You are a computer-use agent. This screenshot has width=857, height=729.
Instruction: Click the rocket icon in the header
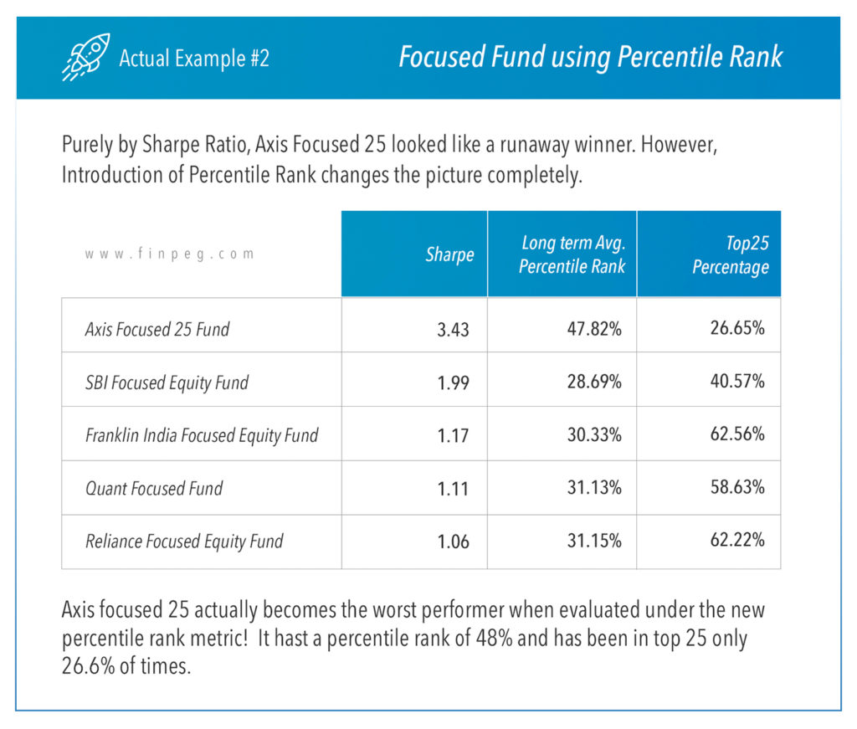[x=86, y=57]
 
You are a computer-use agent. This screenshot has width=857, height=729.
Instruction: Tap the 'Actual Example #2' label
[x=194, y=58]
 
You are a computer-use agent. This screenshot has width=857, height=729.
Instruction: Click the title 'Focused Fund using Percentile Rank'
[x=590, y=57]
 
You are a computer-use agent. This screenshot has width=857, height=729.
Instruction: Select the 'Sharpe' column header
[x=449, y=254]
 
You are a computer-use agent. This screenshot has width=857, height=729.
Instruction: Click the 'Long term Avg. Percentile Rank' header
[x=572, y=254]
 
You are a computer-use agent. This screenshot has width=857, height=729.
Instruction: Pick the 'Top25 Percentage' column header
[x=731, y=254]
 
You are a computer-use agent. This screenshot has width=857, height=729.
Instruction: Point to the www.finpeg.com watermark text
[x=169, y=254]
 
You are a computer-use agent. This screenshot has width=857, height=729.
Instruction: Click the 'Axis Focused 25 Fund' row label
[x=157, y=329]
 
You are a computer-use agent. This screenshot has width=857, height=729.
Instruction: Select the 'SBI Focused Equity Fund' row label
[x=167, y=382]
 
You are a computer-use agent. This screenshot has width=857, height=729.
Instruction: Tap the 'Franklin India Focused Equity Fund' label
[x=202, y=435]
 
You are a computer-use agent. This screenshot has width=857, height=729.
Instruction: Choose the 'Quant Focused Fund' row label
[x=154, y=488]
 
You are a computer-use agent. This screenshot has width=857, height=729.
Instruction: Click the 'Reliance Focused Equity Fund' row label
[x=184, y=542]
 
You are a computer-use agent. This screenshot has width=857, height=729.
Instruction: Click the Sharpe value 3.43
[x=453, y=330]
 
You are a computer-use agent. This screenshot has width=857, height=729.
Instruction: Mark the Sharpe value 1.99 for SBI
[x=453, y=382]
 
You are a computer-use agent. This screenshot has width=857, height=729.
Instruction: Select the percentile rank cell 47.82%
[x=594, y=328]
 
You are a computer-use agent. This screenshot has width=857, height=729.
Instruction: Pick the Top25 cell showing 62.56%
[x=737, y=434]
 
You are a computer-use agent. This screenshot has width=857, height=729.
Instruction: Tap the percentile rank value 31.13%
[x=594, y=487]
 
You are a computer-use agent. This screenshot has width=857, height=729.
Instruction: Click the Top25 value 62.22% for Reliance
[x=737, y=540]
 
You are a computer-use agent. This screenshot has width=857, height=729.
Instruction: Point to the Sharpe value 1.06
[x=453, y=542]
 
